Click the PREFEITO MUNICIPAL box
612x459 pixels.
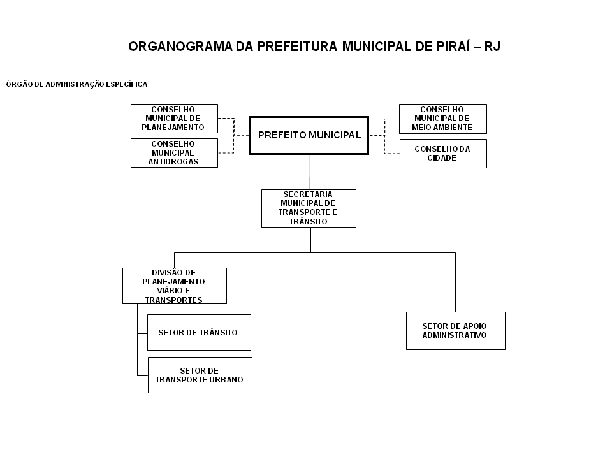(x=309, y=135)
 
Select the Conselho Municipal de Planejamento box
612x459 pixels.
(x=174, y=119)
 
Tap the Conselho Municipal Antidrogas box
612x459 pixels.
(x=174, y=153)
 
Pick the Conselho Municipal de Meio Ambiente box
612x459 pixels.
(x=442, y=119)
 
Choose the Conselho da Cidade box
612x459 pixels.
(x=443, y=154)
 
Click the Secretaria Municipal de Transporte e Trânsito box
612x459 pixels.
(x=309, y=208)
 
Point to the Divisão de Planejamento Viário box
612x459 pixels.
(x=175, y=286)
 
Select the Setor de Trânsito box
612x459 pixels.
(x=199, y=333)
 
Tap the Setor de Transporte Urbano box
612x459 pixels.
(x=200, y=375)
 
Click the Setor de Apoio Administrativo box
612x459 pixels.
(x=455, y=331)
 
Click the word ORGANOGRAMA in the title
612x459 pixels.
(x=180, y=47)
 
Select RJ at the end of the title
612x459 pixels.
(x=492, y=47)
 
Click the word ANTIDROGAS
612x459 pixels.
(x=173, y=161)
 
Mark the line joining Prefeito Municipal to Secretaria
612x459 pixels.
(x=309, y=172)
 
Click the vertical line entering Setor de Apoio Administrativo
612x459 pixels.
(x=455, y=282)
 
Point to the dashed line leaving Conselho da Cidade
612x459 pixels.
(x=392, y=154)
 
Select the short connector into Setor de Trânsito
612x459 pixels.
(x=142, y=333)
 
